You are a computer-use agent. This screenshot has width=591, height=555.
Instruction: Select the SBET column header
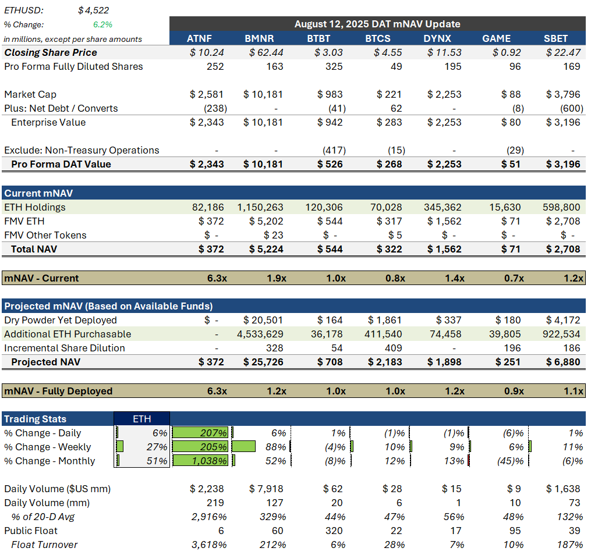555,38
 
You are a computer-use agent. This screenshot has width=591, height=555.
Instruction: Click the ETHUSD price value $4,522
94,10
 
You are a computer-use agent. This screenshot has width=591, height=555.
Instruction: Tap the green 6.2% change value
102,24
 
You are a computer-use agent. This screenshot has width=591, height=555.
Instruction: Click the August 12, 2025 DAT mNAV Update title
377,24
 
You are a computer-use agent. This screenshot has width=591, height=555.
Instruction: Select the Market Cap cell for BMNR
263,94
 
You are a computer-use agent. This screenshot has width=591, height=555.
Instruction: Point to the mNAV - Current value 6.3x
217,278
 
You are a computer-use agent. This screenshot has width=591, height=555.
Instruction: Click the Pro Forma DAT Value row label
61,164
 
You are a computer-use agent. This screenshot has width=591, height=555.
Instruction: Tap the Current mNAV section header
38,193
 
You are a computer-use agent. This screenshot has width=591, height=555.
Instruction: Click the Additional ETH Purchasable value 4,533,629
260,334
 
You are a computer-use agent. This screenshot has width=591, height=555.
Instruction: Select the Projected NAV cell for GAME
508,362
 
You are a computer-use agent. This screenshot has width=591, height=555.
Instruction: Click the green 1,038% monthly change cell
203,461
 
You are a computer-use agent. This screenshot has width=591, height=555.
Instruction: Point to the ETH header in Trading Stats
141,419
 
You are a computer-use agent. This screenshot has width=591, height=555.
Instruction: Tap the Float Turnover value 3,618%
208,545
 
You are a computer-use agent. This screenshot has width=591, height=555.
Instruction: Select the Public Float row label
31,531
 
